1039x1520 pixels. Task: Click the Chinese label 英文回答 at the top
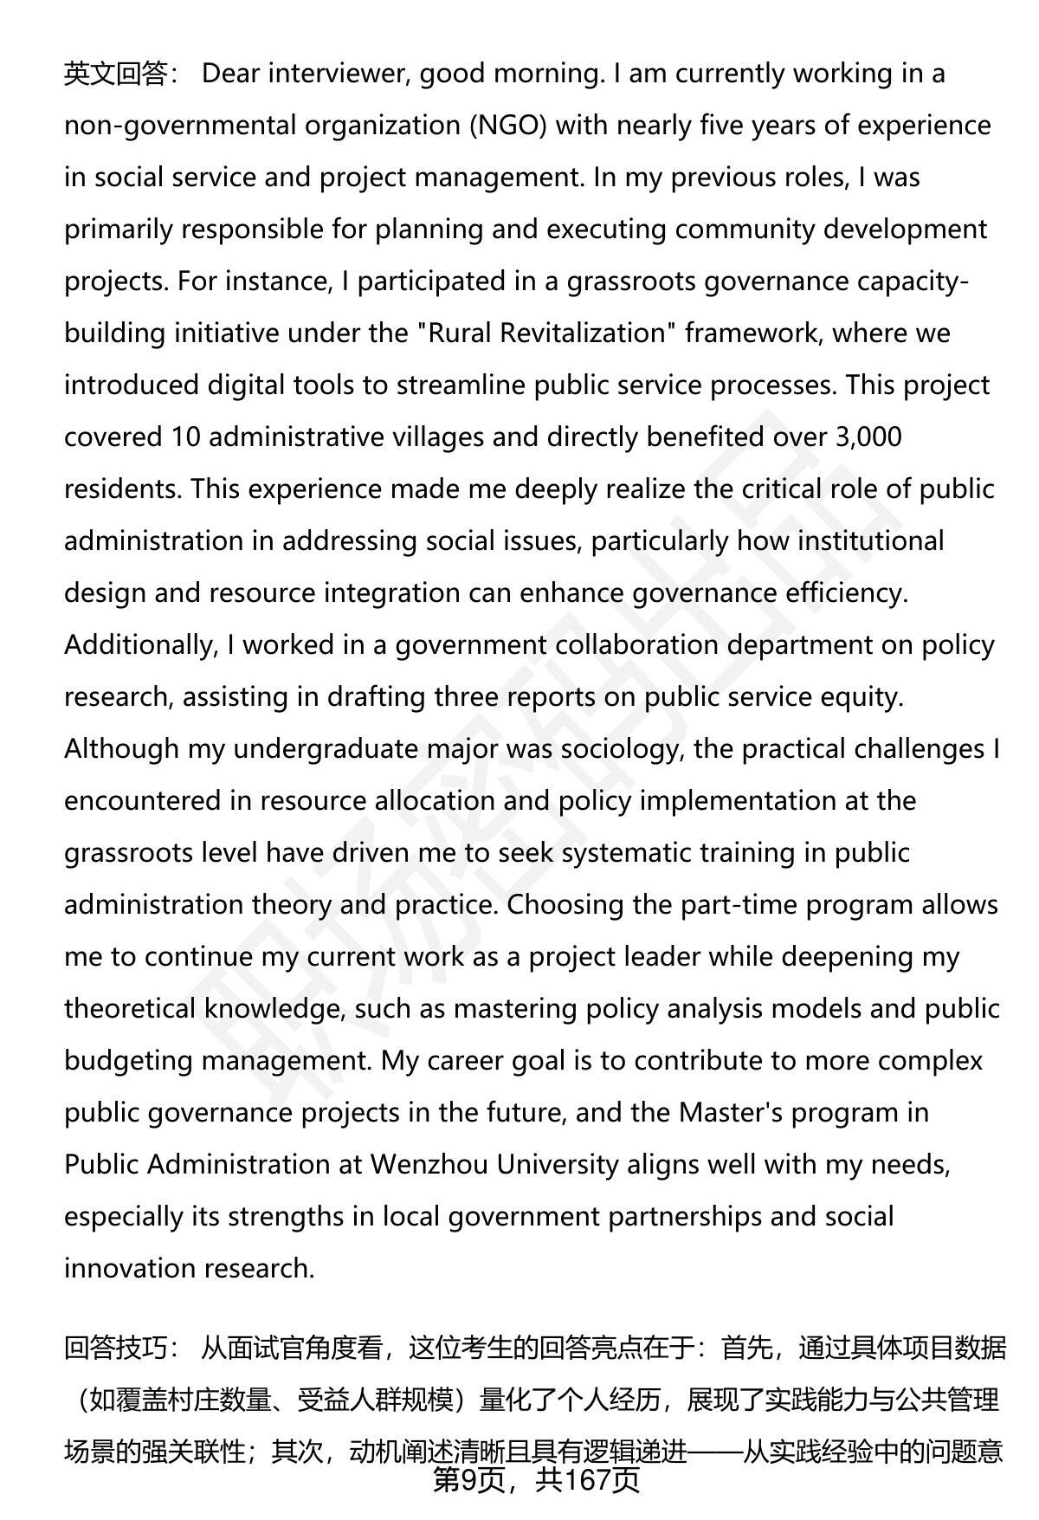coord(115,74)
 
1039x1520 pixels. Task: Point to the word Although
coord(121,749)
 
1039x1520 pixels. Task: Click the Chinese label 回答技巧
coord(115,1349)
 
